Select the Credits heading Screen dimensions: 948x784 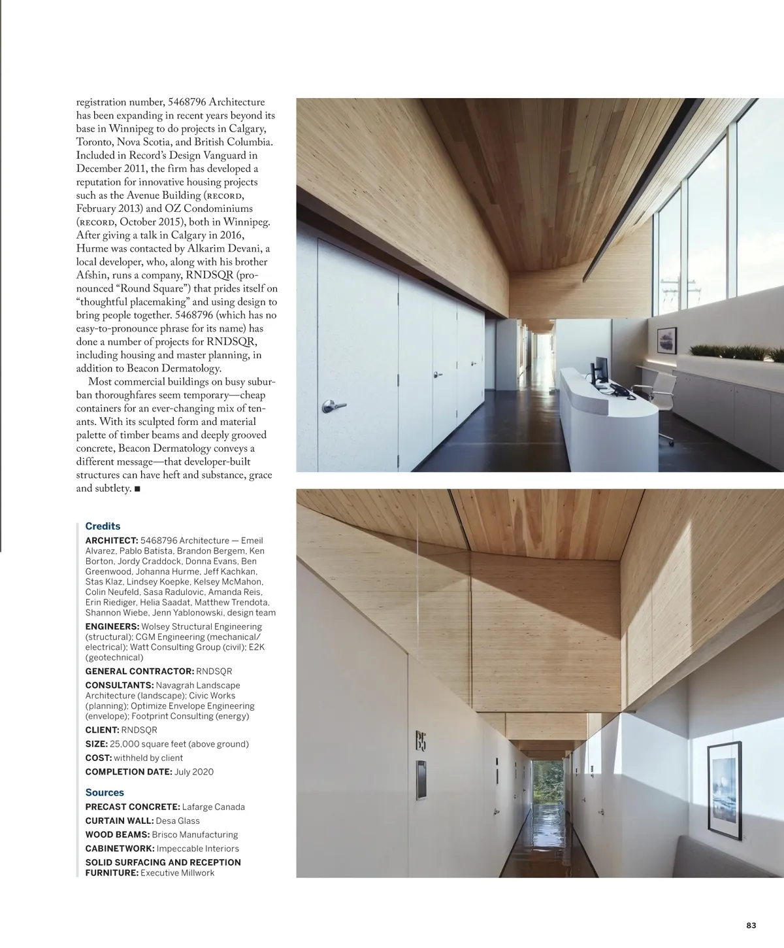point(103,526)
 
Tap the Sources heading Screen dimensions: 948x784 point(105,792)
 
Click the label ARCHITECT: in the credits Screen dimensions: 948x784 point(112,541)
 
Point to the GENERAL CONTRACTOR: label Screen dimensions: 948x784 point(140,671)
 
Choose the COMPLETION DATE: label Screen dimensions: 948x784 point(129,772)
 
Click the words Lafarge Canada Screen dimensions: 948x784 point(214,807)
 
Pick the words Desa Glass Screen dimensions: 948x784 point(178,821)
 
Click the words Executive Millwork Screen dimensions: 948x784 point(177,873)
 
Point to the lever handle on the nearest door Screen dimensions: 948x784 point(333,407)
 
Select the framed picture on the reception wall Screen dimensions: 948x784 point(667,341)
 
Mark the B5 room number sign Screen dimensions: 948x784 point(420,741)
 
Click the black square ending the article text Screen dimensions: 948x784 point(137,489)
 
